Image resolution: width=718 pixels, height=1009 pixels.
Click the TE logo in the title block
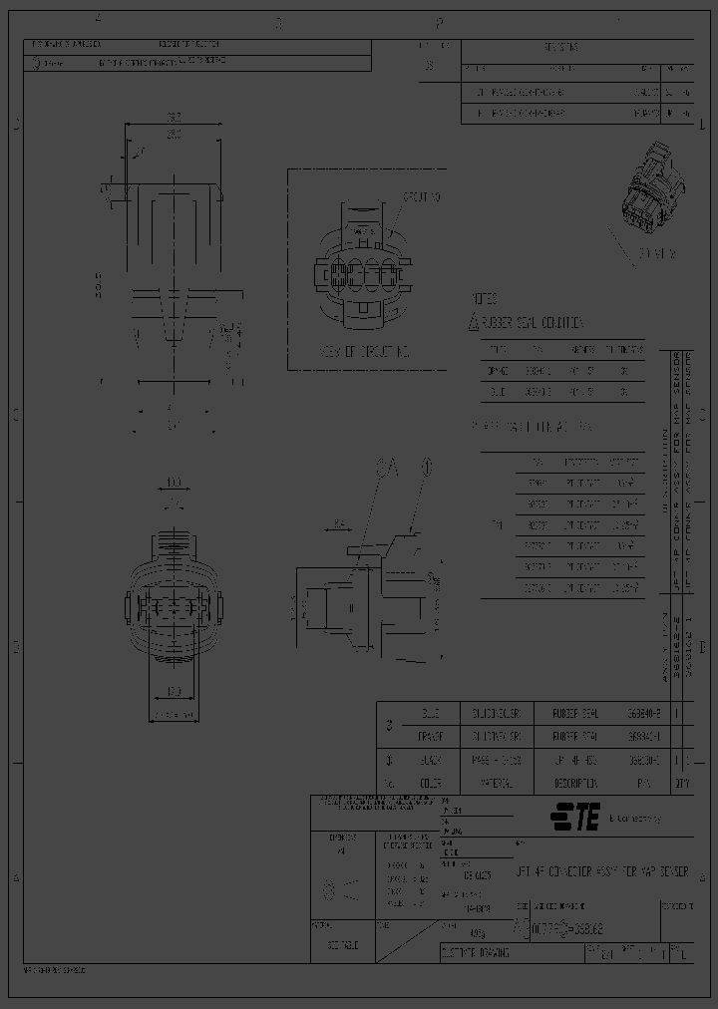576,819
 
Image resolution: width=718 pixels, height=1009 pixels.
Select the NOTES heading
485,299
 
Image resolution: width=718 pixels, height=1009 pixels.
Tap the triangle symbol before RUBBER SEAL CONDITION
474,322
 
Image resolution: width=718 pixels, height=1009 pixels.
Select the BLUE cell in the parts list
430,714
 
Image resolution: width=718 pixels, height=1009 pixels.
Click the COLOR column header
430,783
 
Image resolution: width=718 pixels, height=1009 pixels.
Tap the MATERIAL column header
501,783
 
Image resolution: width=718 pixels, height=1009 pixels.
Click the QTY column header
682,783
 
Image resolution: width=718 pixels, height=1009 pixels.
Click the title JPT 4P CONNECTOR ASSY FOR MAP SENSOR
602,870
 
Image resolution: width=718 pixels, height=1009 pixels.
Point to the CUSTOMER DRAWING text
475,952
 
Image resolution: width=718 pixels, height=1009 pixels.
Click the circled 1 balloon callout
426,465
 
